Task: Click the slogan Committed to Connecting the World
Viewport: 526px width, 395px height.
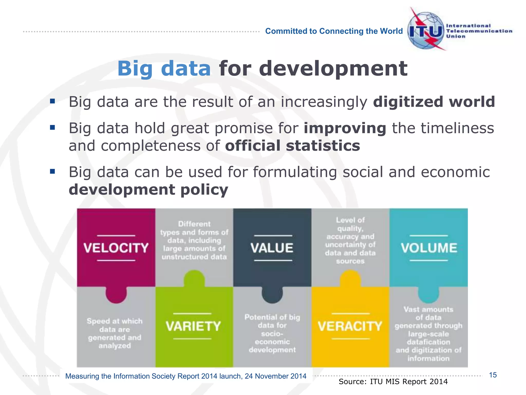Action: (x=334, y=31)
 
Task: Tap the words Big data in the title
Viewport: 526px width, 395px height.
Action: (x=164, y=69)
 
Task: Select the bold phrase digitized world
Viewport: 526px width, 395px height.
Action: (x=434, y=102)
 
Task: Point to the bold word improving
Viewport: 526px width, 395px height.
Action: (x=345, y=128)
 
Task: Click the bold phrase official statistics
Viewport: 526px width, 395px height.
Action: (x=293, y=146)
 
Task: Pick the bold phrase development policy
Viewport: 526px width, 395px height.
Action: (x=148, y=190)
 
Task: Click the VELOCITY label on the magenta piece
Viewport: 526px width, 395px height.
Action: (x=116, y=248)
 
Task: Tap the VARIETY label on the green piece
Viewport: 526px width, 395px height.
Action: (x=193, y=326)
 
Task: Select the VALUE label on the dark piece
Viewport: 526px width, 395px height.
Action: (x=272, y=248)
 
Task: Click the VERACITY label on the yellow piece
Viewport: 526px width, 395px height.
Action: (x=350, y=326)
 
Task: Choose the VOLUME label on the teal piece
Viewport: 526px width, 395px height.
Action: (x=429, y=248)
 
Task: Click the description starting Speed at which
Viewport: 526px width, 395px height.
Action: (x=115, y=333)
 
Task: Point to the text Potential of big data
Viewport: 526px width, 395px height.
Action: (x=272, y=333)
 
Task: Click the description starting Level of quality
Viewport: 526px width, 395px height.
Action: (x=350, y=240)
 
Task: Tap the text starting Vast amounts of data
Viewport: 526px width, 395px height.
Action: (x=428, y=334)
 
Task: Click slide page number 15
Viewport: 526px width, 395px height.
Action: (x=493, y=375)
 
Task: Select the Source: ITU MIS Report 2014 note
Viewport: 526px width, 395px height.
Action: (x=393, y=382)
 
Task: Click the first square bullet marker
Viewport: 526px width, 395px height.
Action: (x=53, y=101)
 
